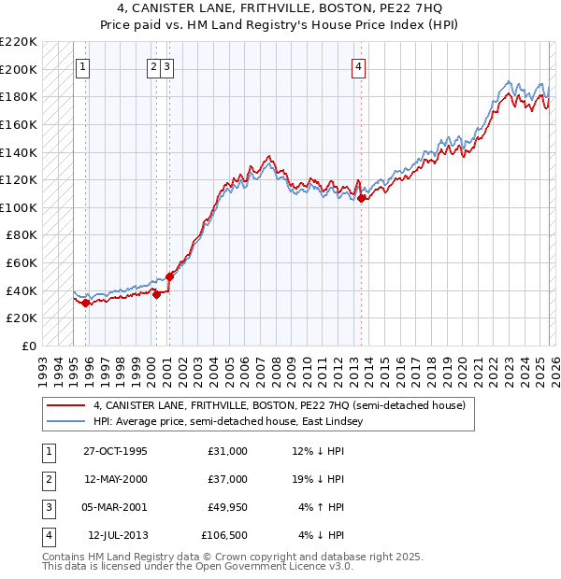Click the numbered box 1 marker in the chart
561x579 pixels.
click(83, 66)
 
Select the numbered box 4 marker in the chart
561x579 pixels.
click(359, 66)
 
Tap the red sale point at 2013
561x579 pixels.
click(361, 198)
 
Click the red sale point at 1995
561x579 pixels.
click(86, 303)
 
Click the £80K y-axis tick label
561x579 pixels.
click(22, 235)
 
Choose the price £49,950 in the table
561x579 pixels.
click(224, 507)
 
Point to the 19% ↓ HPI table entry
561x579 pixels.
click(318, 479)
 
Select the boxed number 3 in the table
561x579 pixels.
click(47, 507)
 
